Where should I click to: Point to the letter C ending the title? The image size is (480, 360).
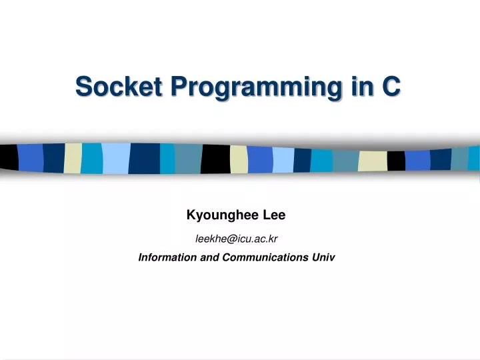coord(392,86)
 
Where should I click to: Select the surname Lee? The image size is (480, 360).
coord(274,215)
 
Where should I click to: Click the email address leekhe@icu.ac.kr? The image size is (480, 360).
coord(236,238)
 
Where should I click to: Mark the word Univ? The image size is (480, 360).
coord(323,257)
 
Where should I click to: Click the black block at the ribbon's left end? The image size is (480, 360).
coord(9,157)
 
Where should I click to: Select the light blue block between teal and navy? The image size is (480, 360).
coord(115,159)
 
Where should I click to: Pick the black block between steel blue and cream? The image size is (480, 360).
coord(215,159)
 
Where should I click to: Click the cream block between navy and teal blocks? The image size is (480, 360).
coord(73,158)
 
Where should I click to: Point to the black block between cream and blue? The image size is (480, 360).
coord(396,161)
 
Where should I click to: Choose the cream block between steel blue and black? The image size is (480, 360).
coord(373,161)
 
